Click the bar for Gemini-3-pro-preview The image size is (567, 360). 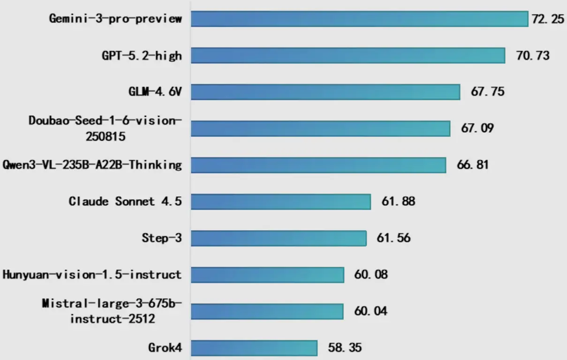(x=360, y=19)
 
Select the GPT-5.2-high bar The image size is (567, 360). (x=348, y=55)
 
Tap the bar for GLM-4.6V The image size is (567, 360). (x=325, y=92)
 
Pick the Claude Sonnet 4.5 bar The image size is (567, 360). (x=280, y=202)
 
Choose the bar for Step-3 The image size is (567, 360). (x=279, y=238)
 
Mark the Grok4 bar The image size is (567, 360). (x=254, y=348)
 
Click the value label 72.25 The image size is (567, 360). (x=548, y=19)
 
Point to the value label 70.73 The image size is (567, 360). (x=533, y=56)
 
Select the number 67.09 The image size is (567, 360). (x=477, y=127)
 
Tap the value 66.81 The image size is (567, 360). (x=473, y=165)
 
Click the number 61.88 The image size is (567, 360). (x=398, y=202)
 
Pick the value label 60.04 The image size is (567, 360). (x=371, y=311)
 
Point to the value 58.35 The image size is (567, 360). (x=345, y=348)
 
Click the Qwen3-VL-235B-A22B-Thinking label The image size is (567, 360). (x=92, y=165)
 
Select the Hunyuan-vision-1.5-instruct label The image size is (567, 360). (x=92, y=274)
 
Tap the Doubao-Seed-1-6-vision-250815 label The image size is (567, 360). (x=105, y=128)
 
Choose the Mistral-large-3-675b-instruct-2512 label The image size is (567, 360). (x=112, y=311)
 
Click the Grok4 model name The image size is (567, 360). (x=165, y=348)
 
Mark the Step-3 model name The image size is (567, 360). (x=162, y=238)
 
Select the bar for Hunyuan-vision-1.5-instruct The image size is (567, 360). (x=267, y=275)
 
